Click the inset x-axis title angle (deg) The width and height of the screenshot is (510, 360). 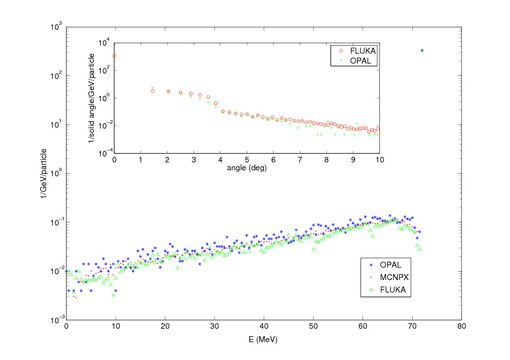point(247,168)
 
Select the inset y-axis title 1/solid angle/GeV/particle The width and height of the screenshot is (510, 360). point(91,98)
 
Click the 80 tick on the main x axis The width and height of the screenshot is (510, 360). point(461,327)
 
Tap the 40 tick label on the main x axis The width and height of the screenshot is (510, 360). point(264,327)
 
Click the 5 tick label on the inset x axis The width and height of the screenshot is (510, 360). point(247,160)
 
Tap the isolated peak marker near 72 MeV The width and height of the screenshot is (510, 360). point(422,50)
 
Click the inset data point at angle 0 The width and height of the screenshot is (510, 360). point(114,56)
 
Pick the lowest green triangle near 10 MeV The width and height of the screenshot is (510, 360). point(114,295)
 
